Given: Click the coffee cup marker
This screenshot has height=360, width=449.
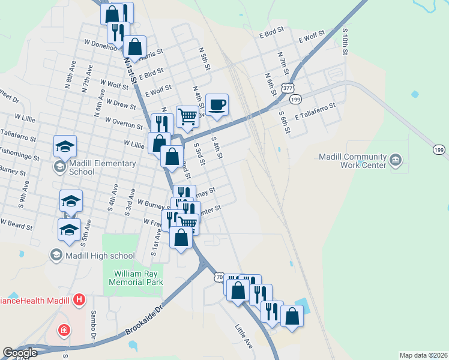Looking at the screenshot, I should [x=217, y=104].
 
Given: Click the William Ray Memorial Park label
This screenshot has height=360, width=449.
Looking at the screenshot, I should [x=139, y=277].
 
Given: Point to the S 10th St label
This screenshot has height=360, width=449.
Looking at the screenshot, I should [x=345, y=41].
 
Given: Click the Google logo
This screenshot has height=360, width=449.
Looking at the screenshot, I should [x=20, y=353].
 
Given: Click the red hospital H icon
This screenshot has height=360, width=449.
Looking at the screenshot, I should [x=79, y=299].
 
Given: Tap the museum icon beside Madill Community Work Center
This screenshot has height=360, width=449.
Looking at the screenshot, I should [x=396, y=160].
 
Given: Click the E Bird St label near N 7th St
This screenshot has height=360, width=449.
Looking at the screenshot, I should [x=271, y=36].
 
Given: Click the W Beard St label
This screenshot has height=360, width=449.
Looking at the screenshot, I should [x=16, y=223].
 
